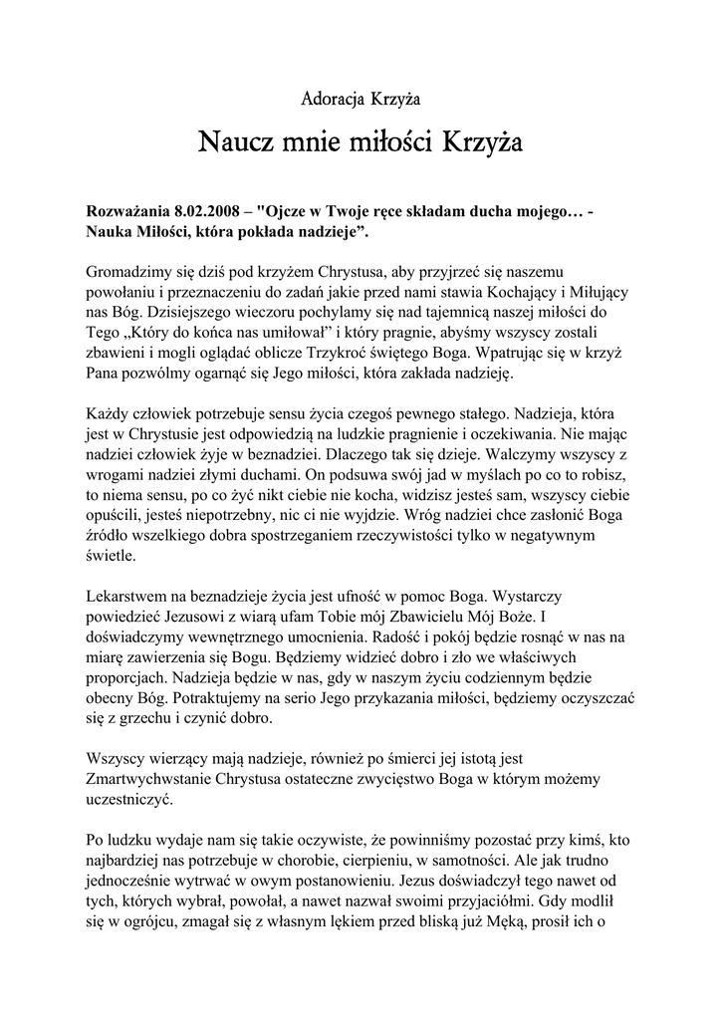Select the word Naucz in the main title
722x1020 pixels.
tap(231, 143)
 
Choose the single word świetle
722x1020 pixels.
tap(110, 557)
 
